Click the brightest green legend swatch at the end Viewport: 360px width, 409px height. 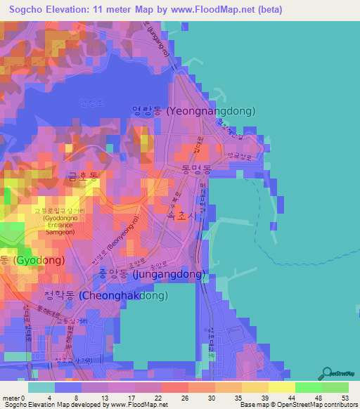pyautogui.click(x=335, y=387)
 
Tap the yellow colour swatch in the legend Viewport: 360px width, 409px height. pyautogui.click(x=281, y=387)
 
